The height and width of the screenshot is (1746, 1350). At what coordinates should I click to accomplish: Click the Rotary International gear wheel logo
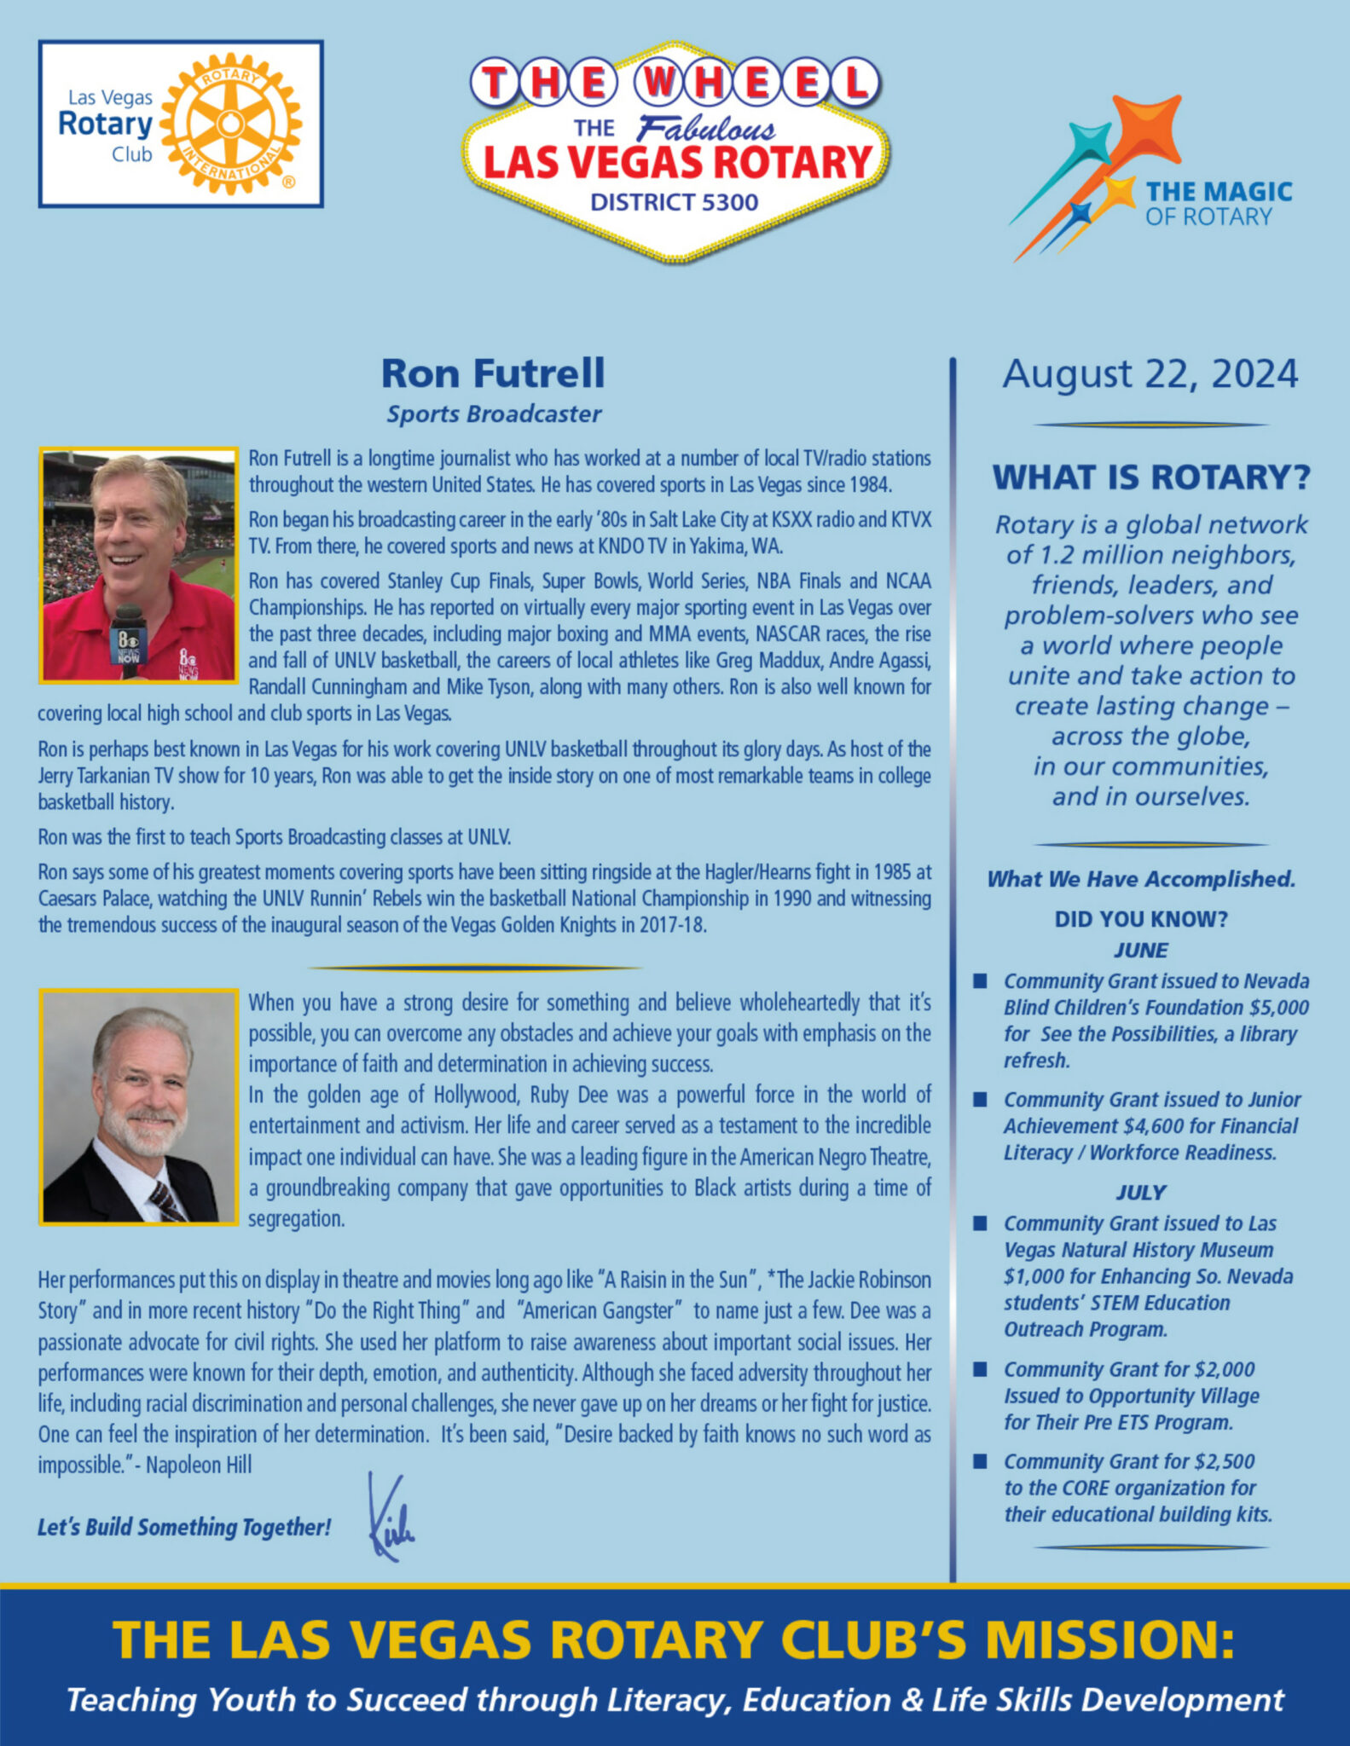pos(229,124)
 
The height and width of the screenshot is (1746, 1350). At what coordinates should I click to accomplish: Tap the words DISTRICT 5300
pos(674,203)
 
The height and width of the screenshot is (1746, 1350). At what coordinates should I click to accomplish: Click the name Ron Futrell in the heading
pos(493,373)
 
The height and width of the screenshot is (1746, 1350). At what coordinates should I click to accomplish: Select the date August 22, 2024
pos(1150,374)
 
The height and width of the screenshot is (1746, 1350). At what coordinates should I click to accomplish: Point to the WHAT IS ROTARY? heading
pos(1150,477)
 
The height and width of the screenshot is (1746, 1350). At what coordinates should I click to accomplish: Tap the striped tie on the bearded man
pos(165,1201)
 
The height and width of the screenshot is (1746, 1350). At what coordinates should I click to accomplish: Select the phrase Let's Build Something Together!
pos(183,1527)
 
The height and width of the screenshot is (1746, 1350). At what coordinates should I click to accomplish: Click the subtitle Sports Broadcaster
pos(494,414)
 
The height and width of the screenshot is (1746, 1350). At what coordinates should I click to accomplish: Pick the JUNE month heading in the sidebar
pos(1140,950)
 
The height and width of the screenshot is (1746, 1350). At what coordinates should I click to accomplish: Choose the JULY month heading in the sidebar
pos(1140,1192)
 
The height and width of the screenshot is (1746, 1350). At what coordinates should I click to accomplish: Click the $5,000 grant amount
pos(1278,1008)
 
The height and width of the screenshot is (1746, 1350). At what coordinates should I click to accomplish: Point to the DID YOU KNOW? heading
pos(1140,919)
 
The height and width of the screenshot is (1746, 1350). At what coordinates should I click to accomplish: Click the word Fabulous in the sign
pos(705,129)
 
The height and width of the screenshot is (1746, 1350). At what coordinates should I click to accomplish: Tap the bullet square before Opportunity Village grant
pos(981,1369)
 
